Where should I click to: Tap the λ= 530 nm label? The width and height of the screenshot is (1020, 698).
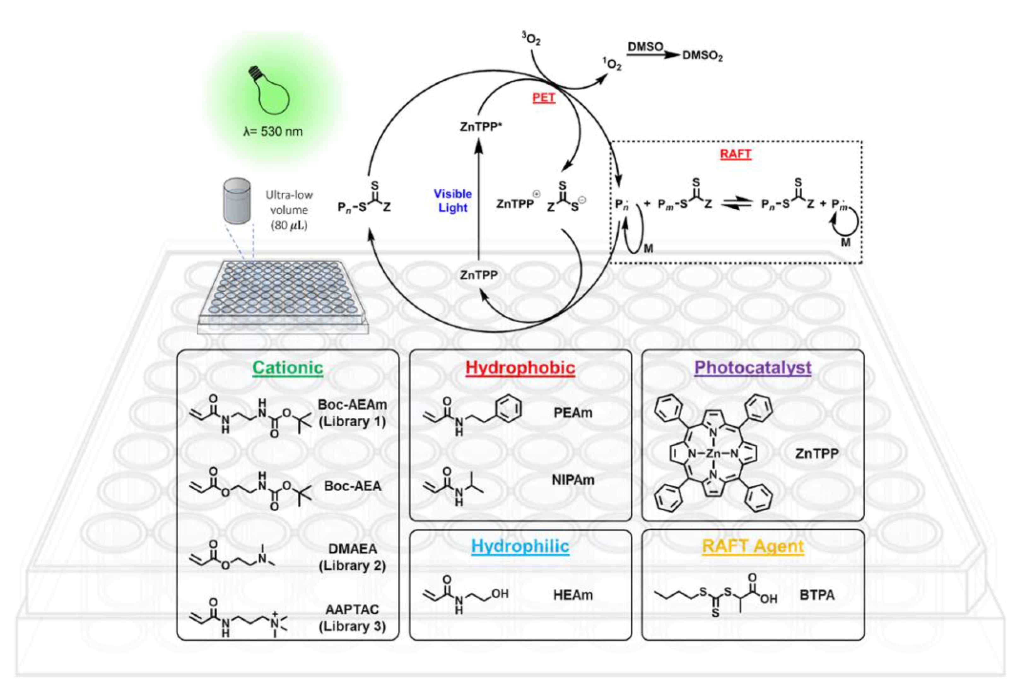coord(273,131)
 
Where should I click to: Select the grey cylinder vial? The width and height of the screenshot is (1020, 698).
coord(237,201)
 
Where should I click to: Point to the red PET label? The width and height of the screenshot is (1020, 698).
coord(544,97)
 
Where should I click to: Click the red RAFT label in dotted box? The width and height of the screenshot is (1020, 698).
coord(736,154)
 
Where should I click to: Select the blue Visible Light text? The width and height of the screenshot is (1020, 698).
coord(453,201)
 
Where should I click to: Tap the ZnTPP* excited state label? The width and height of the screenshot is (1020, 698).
coord(481,127)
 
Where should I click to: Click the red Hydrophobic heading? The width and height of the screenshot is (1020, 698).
coord(520,368)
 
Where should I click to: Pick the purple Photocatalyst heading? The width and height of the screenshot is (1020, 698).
coord(753,368)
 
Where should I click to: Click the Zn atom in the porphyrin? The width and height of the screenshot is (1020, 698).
coord(713,454)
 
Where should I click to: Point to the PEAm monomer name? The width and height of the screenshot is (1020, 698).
coord(573,413)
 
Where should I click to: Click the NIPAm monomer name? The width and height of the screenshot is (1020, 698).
coord(573,480)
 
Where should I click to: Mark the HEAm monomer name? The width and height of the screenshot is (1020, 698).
coord(573,595)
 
